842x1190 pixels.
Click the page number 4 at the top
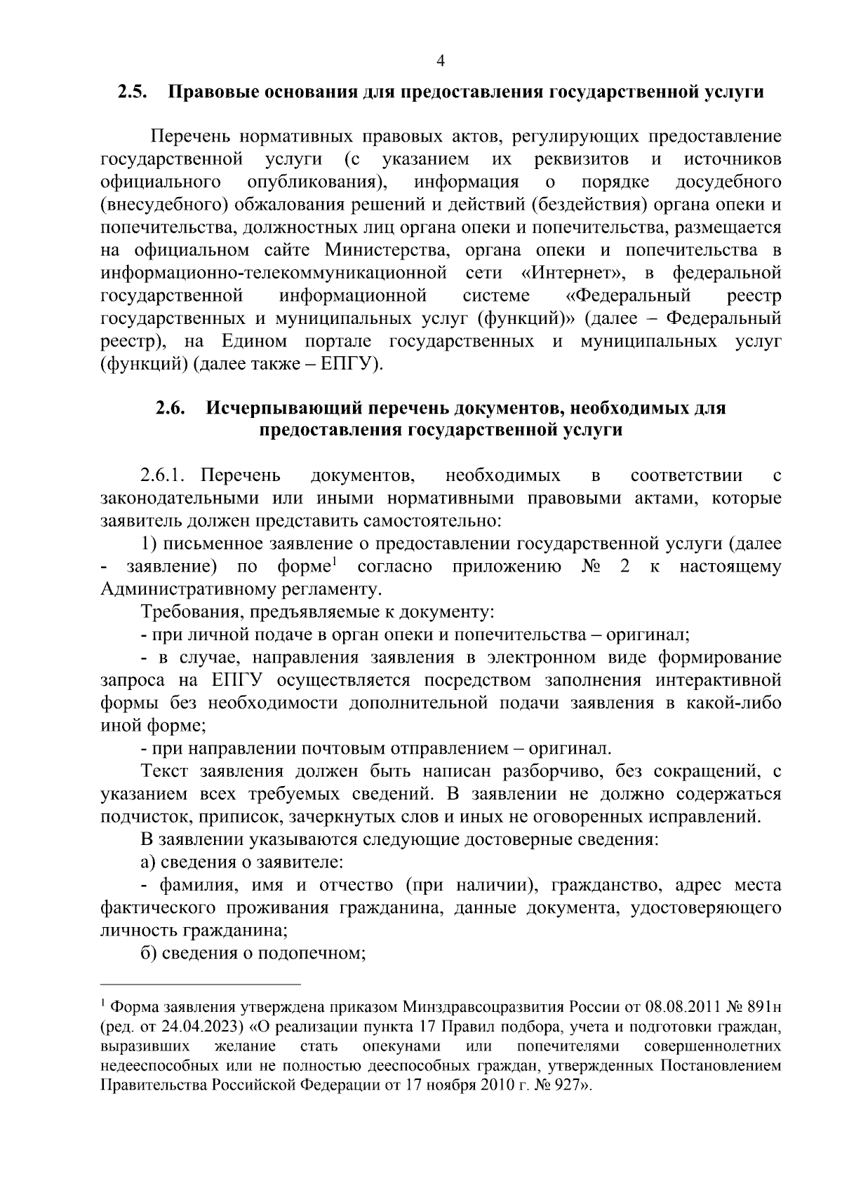[440, 61]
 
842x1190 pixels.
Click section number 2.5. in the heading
[131, 93]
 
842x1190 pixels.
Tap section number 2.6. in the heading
[171, 408]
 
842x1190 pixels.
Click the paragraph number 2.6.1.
[162, 476]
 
